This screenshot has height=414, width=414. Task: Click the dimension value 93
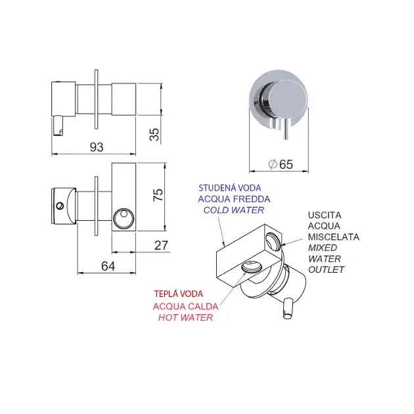pos(96,148)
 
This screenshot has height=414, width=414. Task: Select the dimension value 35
pos(155,134)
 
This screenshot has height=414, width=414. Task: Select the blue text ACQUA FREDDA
pos(234,199)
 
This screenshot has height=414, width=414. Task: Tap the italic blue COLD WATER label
pos(234,210)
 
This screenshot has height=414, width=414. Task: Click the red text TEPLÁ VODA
pos(178,294)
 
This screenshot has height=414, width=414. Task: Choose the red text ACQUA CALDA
pos(183,306)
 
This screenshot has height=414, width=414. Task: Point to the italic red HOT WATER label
pos(186,317)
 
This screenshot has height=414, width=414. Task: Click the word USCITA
pos(325,215)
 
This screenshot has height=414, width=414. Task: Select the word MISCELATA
pos(334,237)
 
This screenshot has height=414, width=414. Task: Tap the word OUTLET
pos(326,269)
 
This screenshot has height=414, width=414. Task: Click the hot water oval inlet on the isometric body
pos(250,266)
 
